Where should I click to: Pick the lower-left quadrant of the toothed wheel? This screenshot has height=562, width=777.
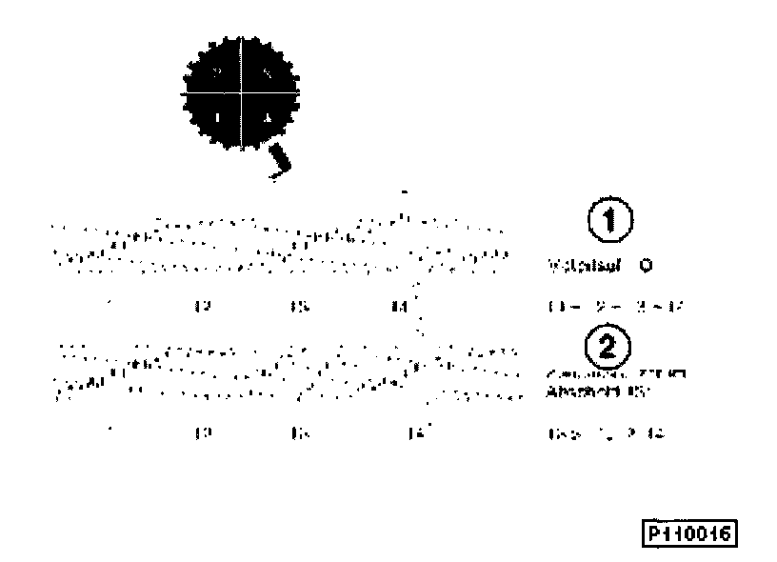click(x=218, y=116)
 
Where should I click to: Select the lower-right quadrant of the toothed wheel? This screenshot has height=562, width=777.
click(x=267, y=116)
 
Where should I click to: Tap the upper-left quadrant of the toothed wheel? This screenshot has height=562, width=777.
click(x=218, y=70)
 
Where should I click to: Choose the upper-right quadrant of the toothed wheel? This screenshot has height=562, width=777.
click(x=267, y=70)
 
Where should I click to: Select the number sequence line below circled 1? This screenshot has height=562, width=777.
click(x=617, y=307)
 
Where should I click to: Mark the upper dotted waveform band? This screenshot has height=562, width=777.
click(x=276, y=244)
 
